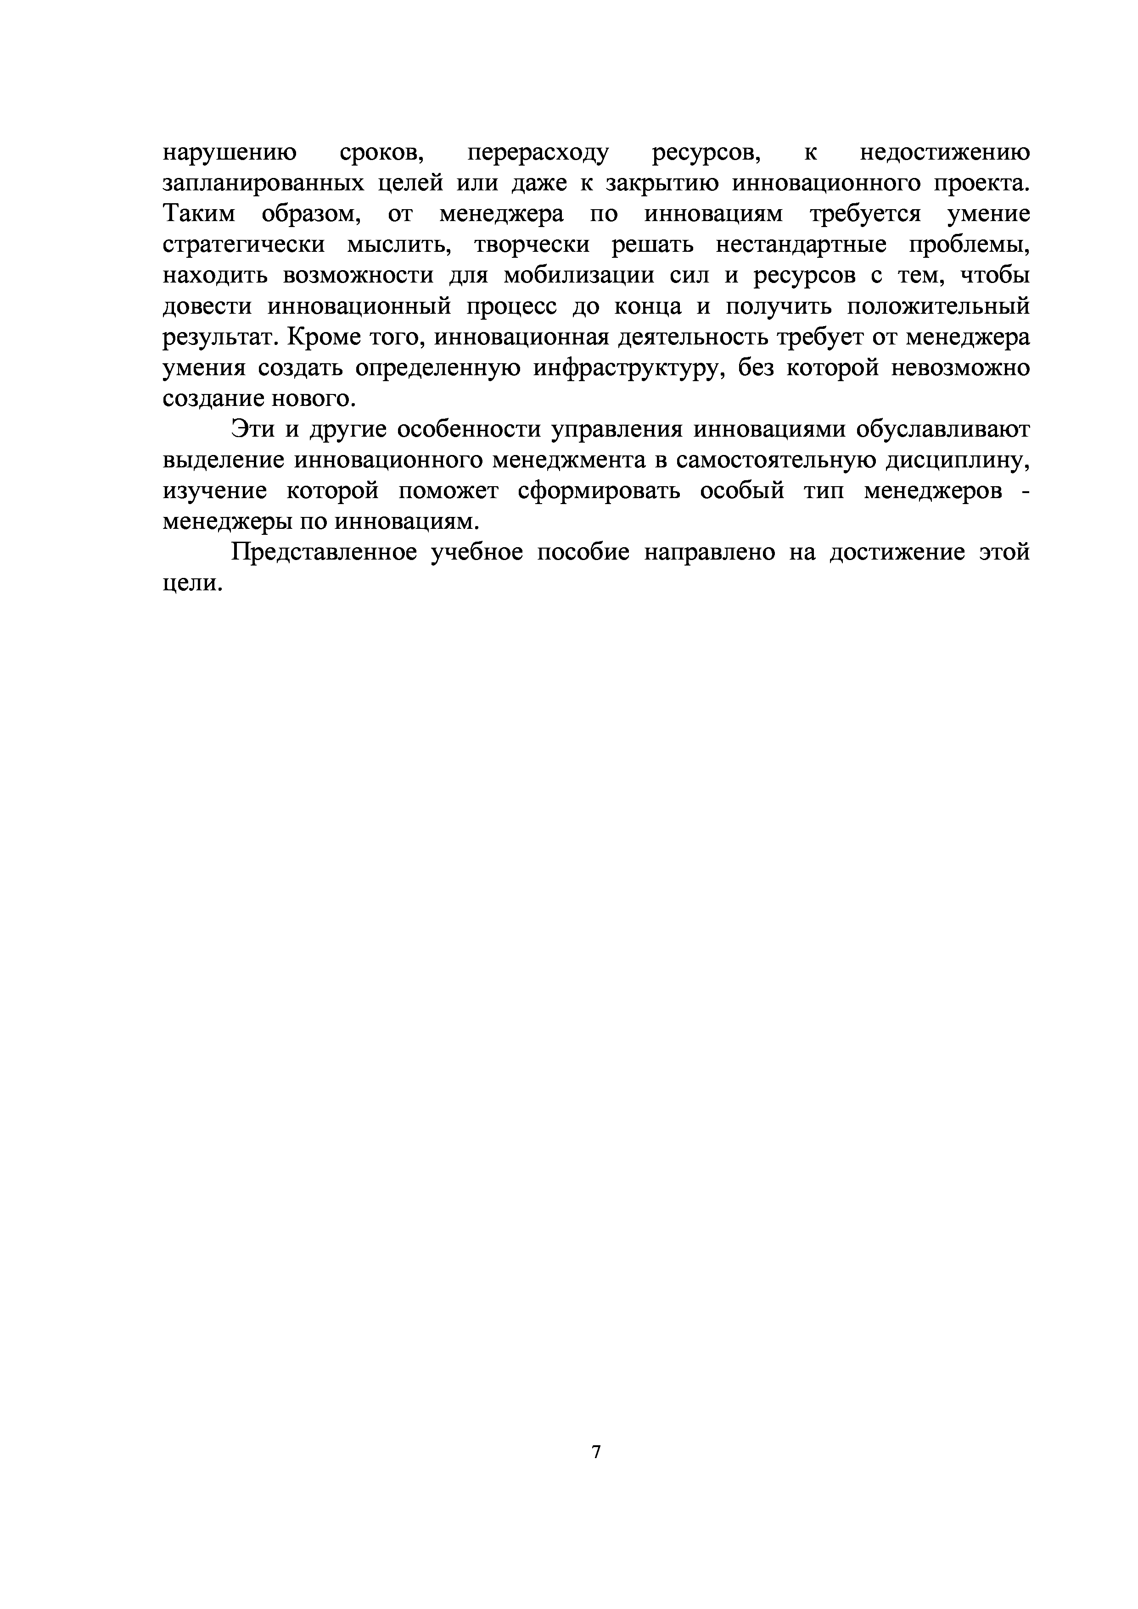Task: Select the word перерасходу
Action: [538, 152]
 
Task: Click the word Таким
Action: [199, 214]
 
